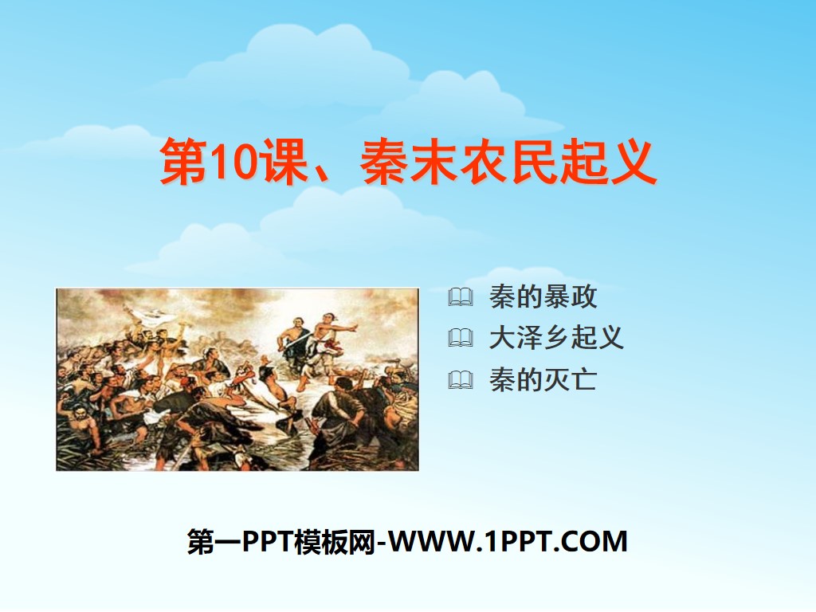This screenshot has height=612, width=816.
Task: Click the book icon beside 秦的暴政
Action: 460,298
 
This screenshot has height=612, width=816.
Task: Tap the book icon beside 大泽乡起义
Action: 460,339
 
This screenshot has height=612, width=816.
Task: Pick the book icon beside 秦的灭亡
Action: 460,380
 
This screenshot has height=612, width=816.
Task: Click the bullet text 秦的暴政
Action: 543,298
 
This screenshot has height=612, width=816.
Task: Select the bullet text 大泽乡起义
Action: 556,339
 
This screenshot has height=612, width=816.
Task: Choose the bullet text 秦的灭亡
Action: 543,380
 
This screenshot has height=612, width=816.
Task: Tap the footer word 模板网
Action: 339,542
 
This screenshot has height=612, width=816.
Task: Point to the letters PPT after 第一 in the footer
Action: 271,542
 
